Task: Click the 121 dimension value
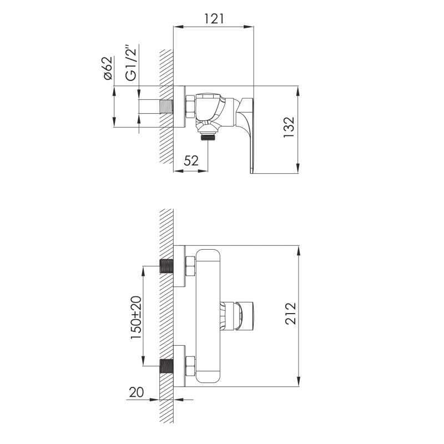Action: (214, 18)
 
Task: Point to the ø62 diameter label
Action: (108, 68)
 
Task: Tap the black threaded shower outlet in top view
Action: (208, 137)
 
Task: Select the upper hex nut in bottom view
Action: (189, 266)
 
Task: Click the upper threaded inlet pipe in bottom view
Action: (167, 266)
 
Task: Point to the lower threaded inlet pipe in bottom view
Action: (167, 366)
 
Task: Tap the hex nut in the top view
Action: (189, 107)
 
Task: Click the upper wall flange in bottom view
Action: (179, 266)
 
